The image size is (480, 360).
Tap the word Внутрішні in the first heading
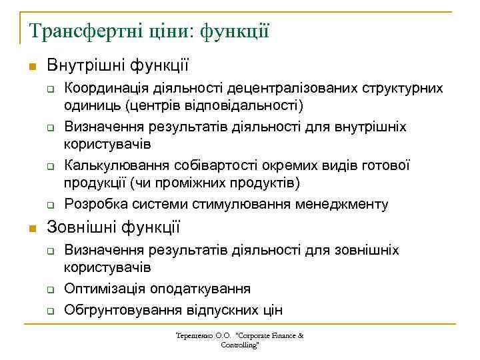(x=79, y=65)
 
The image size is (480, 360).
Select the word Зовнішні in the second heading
(x=78, y=227)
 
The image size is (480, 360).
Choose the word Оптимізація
(x=101, y=289)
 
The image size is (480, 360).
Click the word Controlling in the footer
(x=239, y=345)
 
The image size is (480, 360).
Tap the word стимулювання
(x=241, y=203)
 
